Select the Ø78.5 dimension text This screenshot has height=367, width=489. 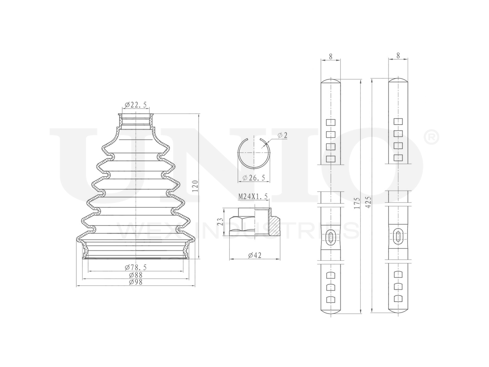[136, 267]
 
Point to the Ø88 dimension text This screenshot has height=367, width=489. [136, 275]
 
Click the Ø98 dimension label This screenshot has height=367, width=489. [136, 282]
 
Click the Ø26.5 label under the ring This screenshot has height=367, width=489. [254, 178]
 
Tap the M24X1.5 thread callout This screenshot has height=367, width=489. [253, 197]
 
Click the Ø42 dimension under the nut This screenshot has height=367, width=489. [254, 255]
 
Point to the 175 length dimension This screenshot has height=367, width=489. [357, 203]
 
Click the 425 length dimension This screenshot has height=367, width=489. [368, 203]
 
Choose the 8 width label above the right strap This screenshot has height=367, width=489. [398, 56]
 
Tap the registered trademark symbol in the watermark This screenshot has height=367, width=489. [432, 137]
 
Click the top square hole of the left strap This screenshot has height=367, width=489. [330, 123]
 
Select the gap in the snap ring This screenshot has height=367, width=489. [255, 139]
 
